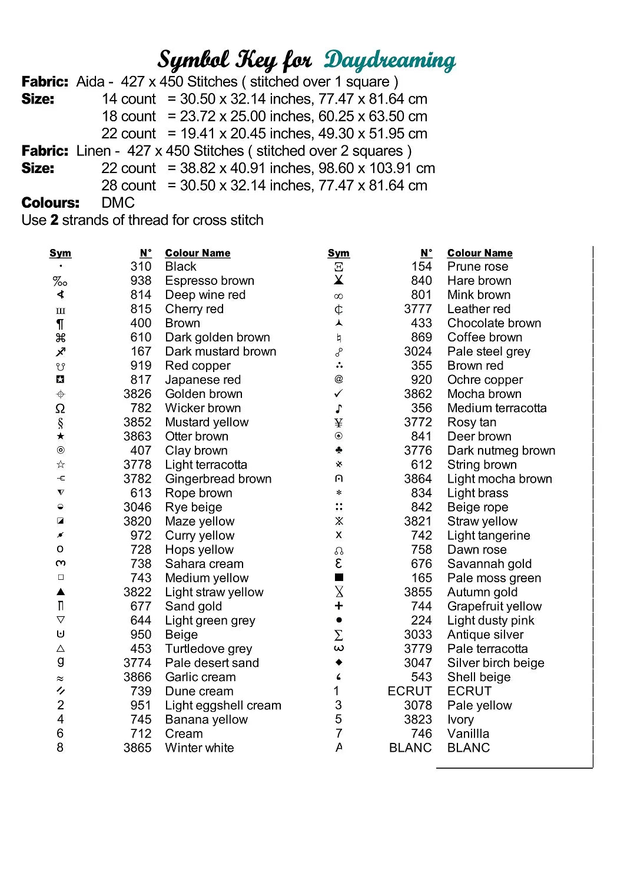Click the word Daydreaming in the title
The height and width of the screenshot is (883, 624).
[390, 60]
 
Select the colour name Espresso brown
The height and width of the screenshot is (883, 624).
[210, 281]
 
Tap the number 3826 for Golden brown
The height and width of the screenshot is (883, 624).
[137, 394]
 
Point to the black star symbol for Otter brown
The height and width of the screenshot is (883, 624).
[61, 436]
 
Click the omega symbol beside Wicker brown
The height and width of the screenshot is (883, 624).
[60, 409]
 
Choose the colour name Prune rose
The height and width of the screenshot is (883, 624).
[477, 267]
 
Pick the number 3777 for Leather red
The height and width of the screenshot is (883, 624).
[418, 309]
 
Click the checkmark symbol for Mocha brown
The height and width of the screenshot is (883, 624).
[338, 393]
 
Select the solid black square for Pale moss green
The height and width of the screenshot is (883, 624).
[338, 577]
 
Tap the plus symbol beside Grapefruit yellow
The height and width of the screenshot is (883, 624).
[338, 606]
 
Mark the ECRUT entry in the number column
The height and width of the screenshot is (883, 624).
[410, 691]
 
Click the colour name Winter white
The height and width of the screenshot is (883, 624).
[200, 748]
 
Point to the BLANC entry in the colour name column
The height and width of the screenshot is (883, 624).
[469, 748]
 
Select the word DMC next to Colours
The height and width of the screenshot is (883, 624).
[118, 203]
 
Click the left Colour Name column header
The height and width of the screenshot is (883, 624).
[198, 253]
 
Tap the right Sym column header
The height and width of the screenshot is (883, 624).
[338, 253]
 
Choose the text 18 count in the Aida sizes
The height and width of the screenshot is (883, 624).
[129, 117]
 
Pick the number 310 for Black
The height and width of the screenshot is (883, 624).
[141, 267]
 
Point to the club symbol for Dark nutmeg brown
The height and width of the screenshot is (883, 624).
[338, 450]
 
